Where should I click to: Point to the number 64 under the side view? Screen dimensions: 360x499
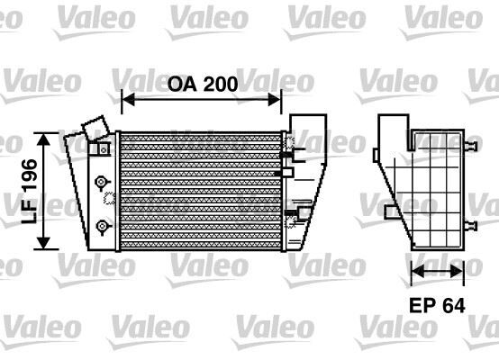click(x=454, y=306)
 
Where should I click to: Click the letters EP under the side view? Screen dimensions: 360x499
click(x=422, y=306)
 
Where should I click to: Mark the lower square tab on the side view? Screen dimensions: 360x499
click(x=388, y=211)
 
